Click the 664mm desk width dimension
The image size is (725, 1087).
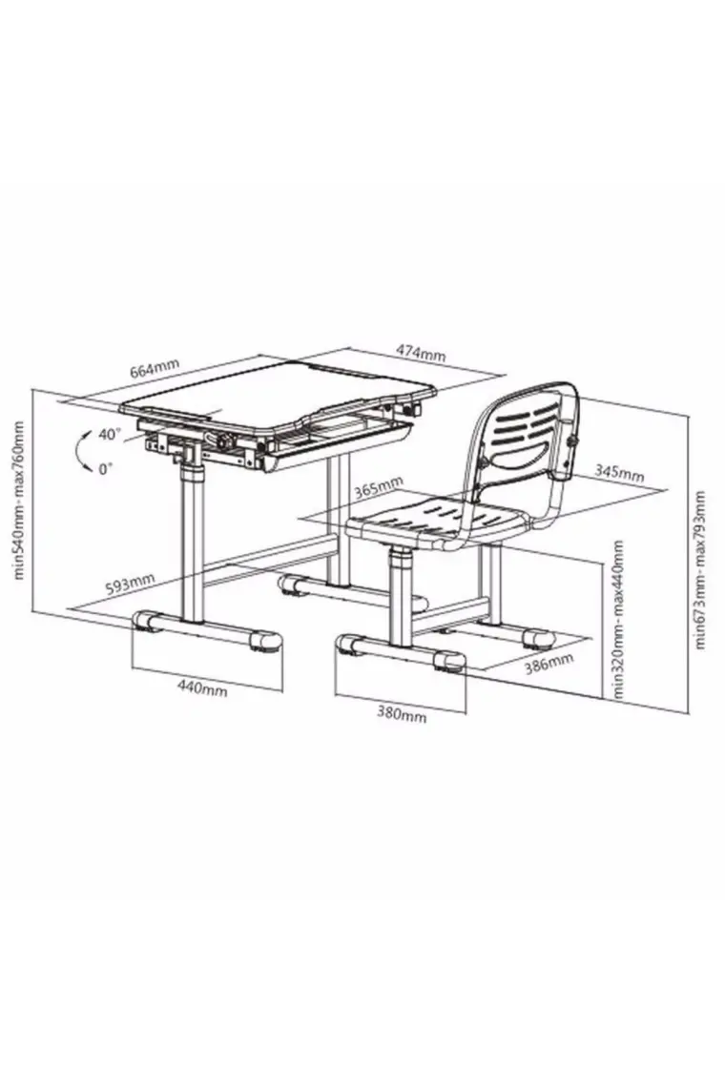155,370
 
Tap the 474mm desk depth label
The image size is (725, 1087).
421,352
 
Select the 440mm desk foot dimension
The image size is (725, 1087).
202,688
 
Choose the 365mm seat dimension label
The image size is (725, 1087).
379,487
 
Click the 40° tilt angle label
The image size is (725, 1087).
109,435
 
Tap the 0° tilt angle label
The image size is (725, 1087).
105,468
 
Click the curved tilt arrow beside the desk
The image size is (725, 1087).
77,451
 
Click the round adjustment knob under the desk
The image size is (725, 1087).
223,441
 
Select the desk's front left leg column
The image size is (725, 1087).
192,541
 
